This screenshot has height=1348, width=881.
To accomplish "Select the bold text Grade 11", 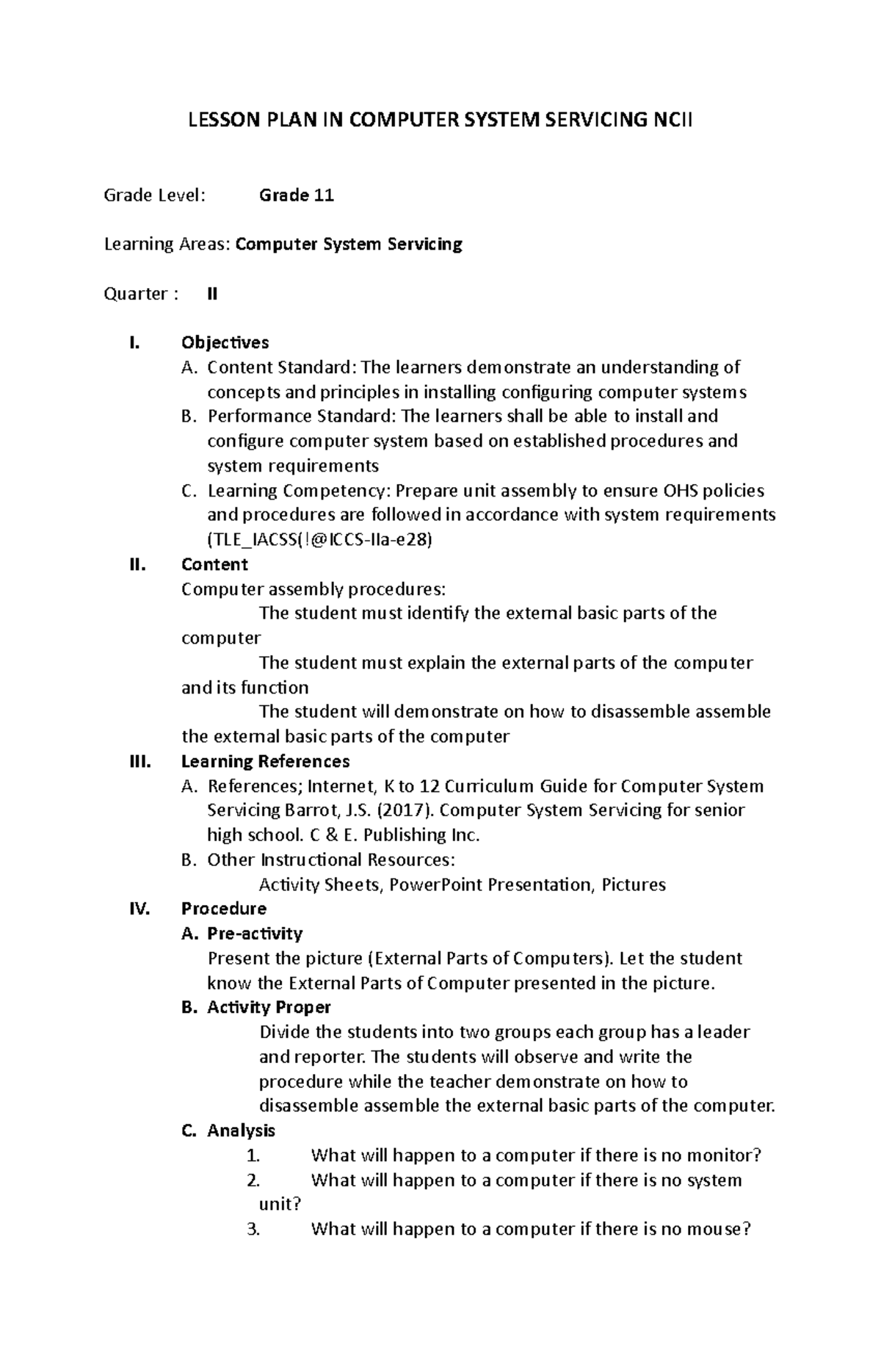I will (x=297, y=195).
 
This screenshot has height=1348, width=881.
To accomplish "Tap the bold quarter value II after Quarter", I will (x=212, y=294).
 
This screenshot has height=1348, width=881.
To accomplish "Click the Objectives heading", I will (x=225, y=342).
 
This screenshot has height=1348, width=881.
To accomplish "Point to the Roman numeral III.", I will (x=139, y=761).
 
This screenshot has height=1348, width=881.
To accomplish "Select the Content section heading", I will (x=214, y=564).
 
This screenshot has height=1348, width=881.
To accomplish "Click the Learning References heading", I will (x=265, y=761).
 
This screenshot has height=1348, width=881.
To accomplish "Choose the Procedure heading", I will (x=223, y=909).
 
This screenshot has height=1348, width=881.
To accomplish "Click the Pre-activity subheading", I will (x=255, y=934).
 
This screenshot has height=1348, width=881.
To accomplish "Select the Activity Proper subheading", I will (x=269, y=1007).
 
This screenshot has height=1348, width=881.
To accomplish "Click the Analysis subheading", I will (x=241, y=1131).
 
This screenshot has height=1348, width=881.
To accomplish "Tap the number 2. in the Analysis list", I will (x=254, y=1181).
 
